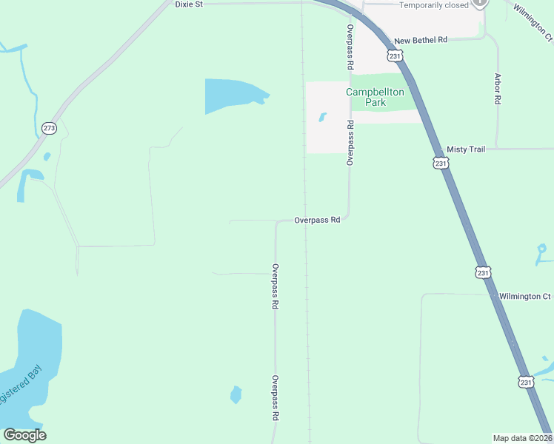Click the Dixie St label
click(x=188, y=4)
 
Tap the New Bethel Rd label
click(x=421, y=41)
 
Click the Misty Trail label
click(x=466, y=149)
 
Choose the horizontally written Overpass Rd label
click(x=316, y=220)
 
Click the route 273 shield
click(x=49, y=128)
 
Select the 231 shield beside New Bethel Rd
click(x=394, y=55)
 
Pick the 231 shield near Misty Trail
click(x=441, y=163)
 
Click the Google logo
click(x=24, y=435)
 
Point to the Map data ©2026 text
click(x=522, y=438)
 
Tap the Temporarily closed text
click(x=434, y=5)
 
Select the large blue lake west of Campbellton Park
click(x=232, y=94)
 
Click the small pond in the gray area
click(x=322, y=117)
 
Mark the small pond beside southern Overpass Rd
click(x=236, y=394)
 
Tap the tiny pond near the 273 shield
click(x=47, y=156)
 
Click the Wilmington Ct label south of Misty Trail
click(x=524, y=296)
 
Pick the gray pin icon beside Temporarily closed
click(x=481, y=3)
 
